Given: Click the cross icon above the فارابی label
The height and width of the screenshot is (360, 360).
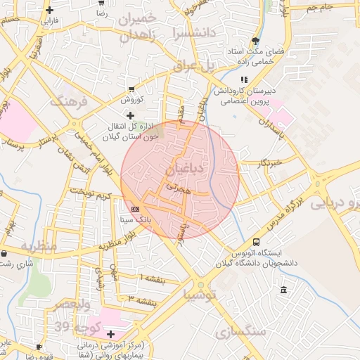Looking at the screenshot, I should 49,10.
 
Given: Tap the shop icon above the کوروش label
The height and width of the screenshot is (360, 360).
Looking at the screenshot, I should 131,88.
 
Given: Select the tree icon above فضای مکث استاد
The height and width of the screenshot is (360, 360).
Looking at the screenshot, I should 255,40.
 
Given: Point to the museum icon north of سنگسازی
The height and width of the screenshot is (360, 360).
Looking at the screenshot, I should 283,290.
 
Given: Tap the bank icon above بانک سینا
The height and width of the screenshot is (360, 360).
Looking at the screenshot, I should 135,209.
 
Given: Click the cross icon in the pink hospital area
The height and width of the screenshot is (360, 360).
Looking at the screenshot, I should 110,333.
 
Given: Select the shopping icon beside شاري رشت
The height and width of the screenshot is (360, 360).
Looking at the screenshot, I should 5,253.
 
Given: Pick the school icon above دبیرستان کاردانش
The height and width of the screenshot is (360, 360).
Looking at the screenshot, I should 244,80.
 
